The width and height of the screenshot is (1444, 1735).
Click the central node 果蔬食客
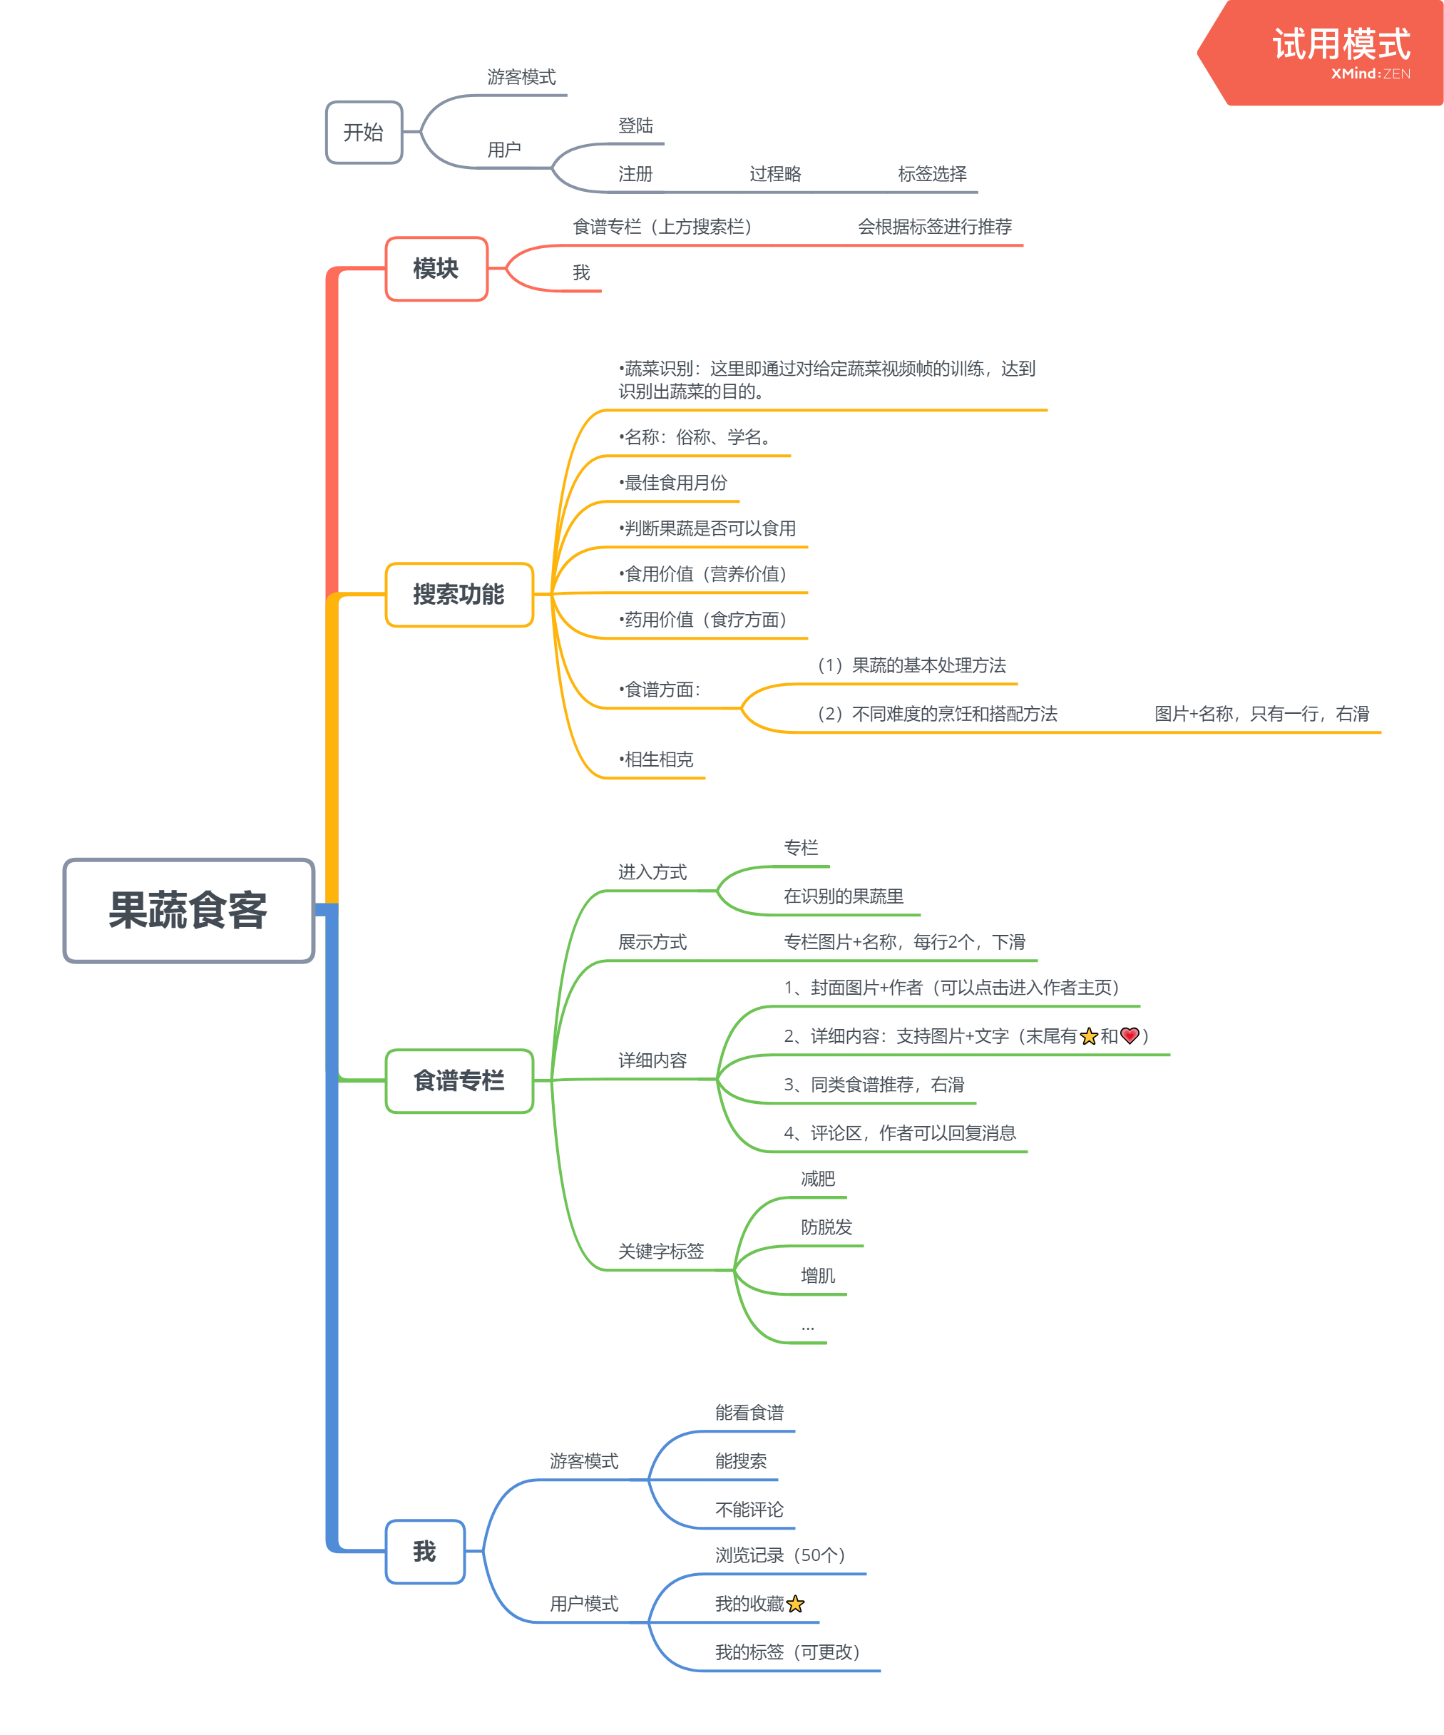pyautogui.click(x=188, y=911)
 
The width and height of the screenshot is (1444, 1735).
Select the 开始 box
pyautogui.click(x=364, y=132)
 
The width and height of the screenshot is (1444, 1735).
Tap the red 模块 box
pyautogui.click(x=436, y=269)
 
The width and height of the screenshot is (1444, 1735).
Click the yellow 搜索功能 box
pyautogui.click(x=459, y=594)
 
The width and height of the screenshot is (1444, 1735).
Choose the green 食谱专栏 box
pyautogui.click(x=459, y=1080)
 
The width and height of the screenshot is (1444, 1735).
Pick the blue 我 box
pyautogui.click(x=424, y=1552)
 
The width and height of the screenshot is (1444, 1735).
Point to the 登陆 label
pyautogui.click(x=635, y=126)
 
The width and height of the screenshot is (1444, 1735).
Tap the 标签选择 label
pyautogui.click(x=932, y=173)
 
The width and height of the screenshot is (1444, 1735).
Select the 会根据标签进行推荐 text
pyautogui.click(x=934, y=226)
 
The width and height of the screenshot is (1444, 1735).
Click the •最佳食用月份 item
pyautogui.click(x=673, y=483)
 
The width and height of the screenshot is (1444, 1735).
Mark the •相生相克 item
pyautogui.click(x=657, y=759)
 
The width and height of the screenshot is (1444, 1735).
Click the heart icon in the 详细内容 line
pyautogui.click(x=1130, y=1035)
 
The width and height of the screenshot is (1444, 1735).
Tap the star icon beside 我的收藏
pyautogui.click(x=796, y=1604)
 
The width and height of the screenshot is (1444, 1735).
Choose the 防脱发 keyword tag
pyautogui.click(x=826, y=1227)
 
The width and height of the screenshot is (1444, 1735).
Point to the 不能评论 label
pyautogui.click(x=749, y=1510)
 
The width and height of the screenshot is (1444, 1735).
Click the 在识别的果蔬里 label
pyautogui.click(x=844, y=896)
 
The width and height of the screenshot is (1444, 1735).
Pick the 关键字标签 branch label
pyautogui.click(x=661, y=1251)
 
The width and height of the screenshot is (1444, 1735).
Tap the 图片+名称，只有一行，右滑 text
pyautogui.click(x=1261, y=714)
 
